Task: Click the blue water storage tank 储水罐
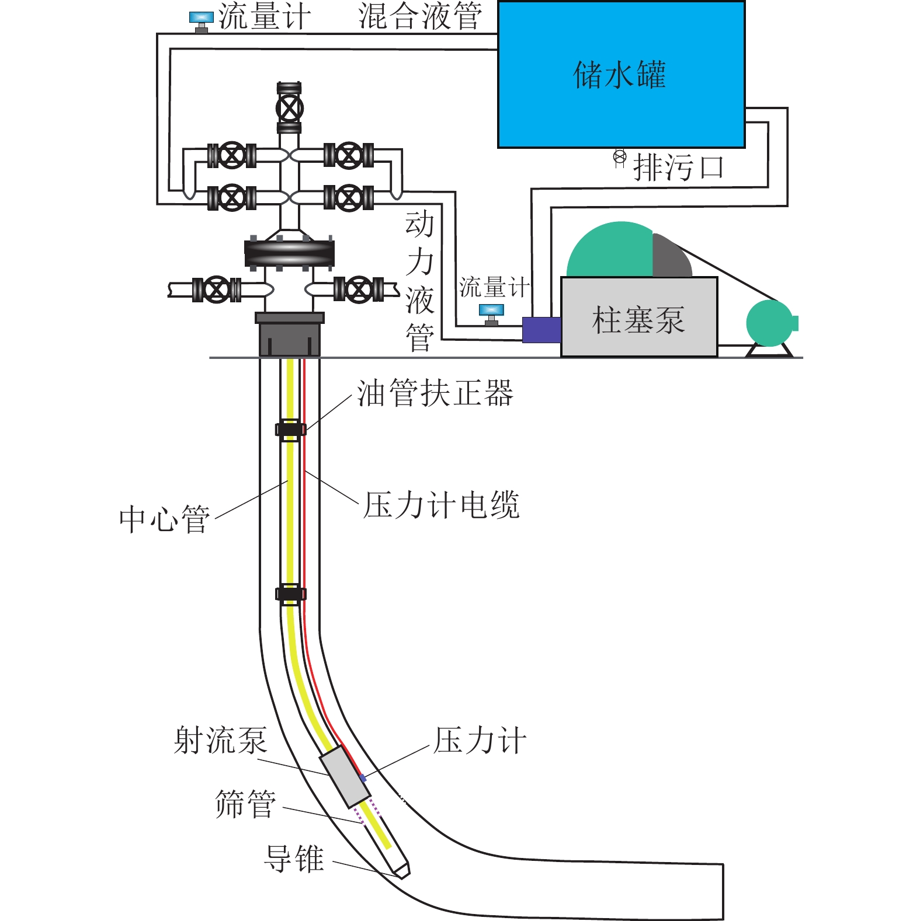pyautogui.click(x=621, y=75)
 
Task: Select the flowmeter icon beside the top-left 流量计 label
pyautogui.click(x=201, y=21)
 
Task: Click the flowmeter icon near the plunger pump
pyautogui.click(x=491, y=313)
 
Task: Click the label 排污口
pyautogui.click(x=679, y=168)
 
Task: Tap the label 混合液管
pyautogui.click(x=421, y=16)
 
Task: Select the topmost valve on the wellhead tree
pyautogui.click(x=290, y=108)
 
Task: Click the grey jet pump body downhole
pyautogui.click(x=345, y=776)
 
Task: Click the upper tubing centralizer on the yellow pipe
pyautogui.click(x=290, y=430)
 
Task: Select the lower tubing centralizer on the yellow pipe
pyautogui.click(x=290, y=594)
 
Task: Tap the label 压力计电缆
pyautogui.click(x=441, y=505)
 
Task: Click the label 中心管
pyautogui.click(x=165, y=519)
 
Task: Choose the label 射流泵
pyautogui.click(x=221, y=741)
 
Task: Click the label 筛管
pyautogui.click(x=245, y=804)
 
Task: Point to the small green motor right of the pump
pyautogui.click(x=770, y=323)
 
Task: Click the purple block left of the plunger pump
pyautogui.click(x=541, y=330)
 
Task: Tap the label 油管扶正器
pyautogui.click(x=435, y=393)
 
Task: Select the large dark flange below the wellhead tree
pyautogui.click(x=290, y=253)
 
